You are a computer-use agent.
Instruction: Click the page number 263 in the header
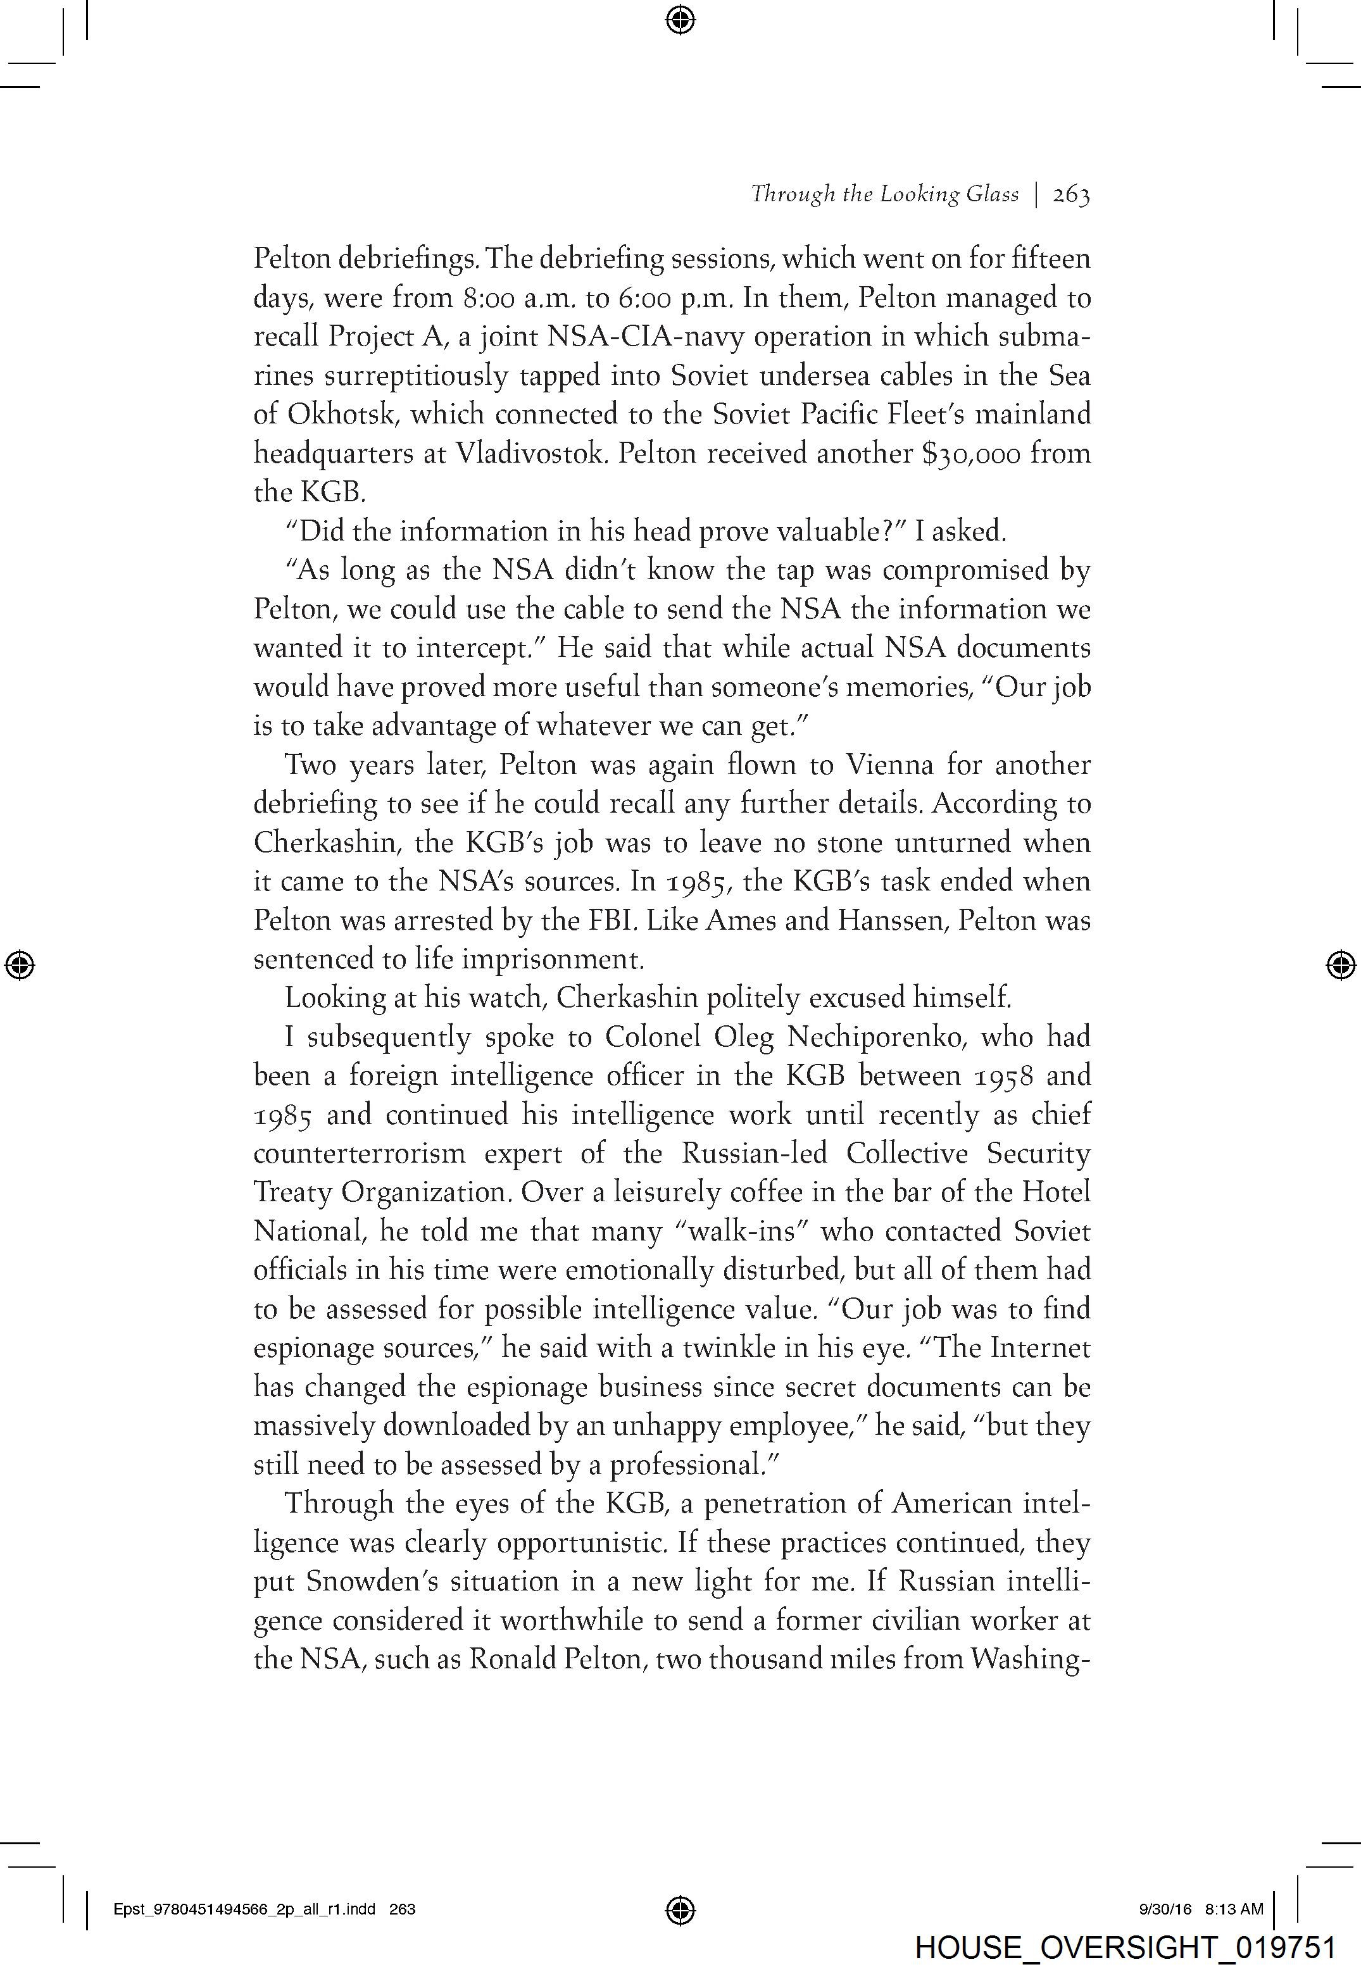click(x=1071, y=195)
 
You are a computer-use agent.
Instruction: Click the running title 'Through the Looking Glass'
click(x=884, y=195)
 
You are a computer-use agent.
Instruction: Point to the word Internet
click(x=1039, y=1349)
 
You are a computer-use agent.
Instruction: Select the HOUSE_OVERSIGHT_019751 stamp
click(x=1125, y=1947)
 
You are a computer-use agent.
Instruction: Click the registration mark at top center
click(x=680, y=19)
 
